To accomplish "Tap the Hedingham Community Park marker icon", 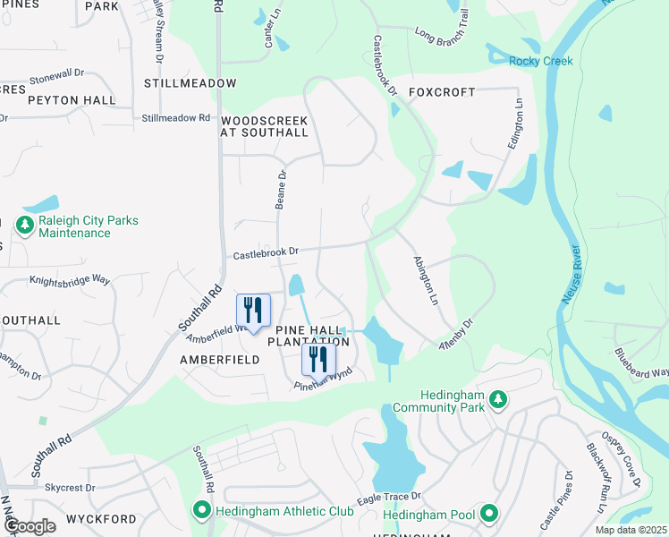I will [499, 400].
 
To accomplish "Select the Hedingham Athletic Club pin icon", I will [201, 511].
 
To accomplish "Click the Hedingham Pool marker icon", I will [488, 514].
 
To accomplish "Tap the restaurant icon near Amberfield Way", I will [253, 311].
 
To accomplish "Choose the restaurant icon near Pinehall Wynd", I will [318, 360].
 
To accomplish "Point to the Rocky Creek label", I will [540, 61].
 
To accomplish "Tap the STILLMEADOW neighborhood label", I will [191, 83].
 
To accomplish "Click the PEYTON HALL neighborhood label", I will [72, 100].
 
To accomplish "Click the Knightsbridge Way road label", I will [70, 280].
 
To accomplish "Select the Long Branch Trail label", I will [442, 38].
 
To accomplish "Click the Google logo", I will [30, 525].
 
